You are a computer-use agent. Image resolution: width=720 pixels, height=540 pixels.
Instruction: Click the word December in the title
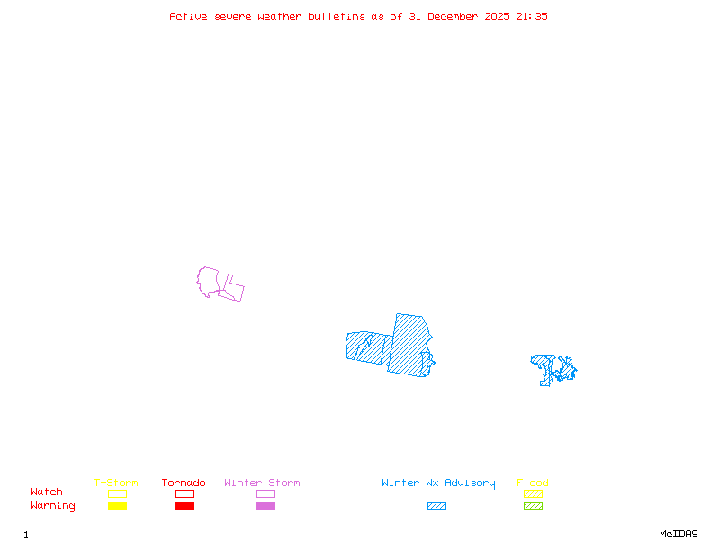click(x=454, y=16)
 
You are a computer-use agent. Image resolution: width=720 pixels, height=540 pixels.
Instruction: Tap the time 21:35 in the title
click(x=531, y=16)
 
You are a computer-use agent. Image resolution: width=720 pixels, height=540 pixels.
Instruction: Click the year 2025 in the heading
click(x=499, y=16)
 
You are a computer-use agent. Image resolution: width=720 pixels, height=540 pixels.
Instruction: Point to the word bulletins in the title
click(x=337, y=16)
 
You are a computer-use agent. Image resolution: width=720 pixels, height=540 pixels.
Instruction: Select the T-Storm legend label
click(x=116, y=483)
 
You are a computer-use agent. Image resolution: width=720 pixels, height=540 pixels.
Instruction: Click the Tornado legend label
click(x=184, y=483)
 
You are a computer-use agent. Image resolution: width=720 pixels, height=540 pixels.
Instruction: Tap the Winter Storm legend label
click(x=262, y=483)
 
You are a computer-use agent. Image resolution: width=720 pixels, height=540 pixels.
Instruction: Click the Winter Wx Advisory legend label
click(x=438, y=483)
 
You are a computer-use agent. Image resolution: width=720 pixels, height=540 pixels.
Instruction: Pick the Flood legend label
click(x=533, y=483)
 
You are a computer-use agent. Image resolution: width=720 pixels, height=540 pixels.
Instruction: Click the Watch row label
click(x=47, y=492)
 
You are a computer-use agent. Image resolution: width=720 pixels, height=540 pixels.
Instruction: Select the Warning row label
click(x=53, y=506)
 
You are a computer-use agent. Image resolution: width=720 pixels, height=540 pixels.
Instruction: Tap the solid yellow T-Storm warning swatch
click(x=117, y=507)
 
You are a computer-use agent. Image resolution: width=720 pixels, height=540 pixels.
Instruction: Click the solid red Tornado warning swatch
click(x=184, y=507)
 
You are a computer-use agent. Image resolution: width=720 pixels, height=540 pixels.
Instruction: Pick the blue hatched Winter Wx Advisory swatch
click(x=436, y=507)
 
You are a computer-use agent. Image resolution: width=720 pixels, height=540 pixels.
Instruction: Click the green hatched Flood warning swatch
click(x=533, y=507)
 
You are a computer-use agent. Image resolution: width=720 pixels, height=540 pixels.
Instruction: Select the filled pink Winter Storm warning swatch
click(x=265, y=507)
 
